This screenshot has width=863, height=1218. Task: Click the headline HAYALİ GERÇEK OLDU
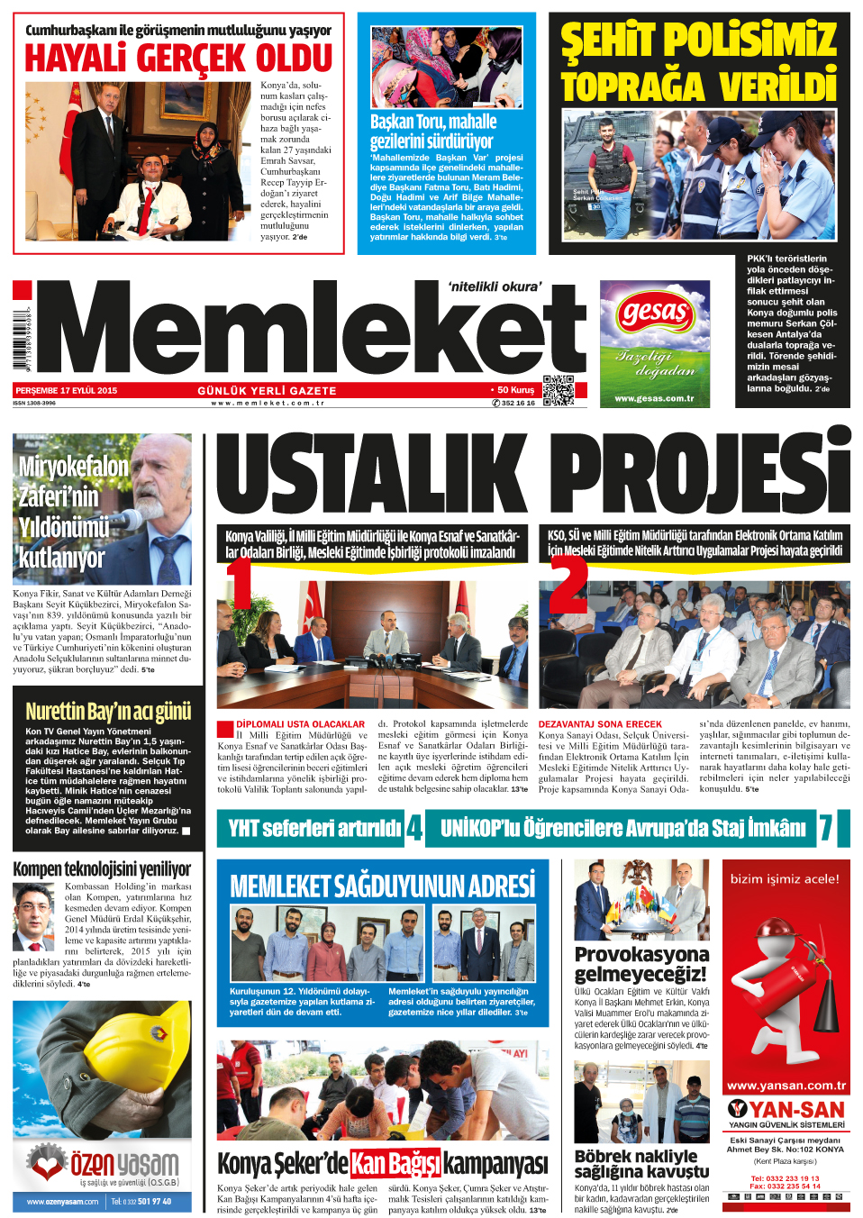click(x=178, y=59)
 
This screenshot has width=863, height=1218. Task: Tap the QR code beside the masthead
click(x=559, y=389)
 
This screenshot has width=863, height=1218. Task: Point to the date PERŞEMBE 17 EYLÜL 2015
click(x=66, y=391)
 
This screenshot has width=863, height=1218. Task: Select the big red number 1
click(x=239, y=583)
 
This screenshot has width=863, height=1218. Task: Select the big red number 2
click(x=568, y=586)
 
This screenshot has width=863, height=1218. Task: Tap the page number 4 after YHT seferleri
click(x=414, y=828)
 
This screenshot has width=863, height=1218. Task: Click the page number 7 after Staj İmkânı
click(x=825, y=828)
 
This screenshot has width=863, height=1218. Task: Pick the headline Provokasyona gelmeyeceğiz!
click(x=641, y=963)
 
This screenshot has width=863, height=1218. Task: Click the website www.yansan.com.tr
click(x=786, y=1086)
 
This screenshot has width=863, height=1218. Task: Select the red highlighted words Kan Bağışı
click(x=395, y=1163)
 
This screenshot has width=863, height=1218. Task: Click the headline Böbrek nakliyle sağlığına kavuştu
click(x=640, y=1163)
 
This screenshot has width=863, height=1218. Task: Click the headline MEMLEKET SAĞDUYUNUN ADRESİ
click(x=382, y=886)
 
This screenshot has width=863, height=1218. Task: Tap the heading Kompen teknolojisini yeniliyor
click(x=102, y=869)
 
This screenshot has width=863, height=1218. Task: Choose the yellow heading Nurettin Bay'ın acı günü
click(x=108, y=712)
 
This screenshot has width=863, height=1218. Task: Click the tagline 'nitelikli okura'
click(x=495, y=286)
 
